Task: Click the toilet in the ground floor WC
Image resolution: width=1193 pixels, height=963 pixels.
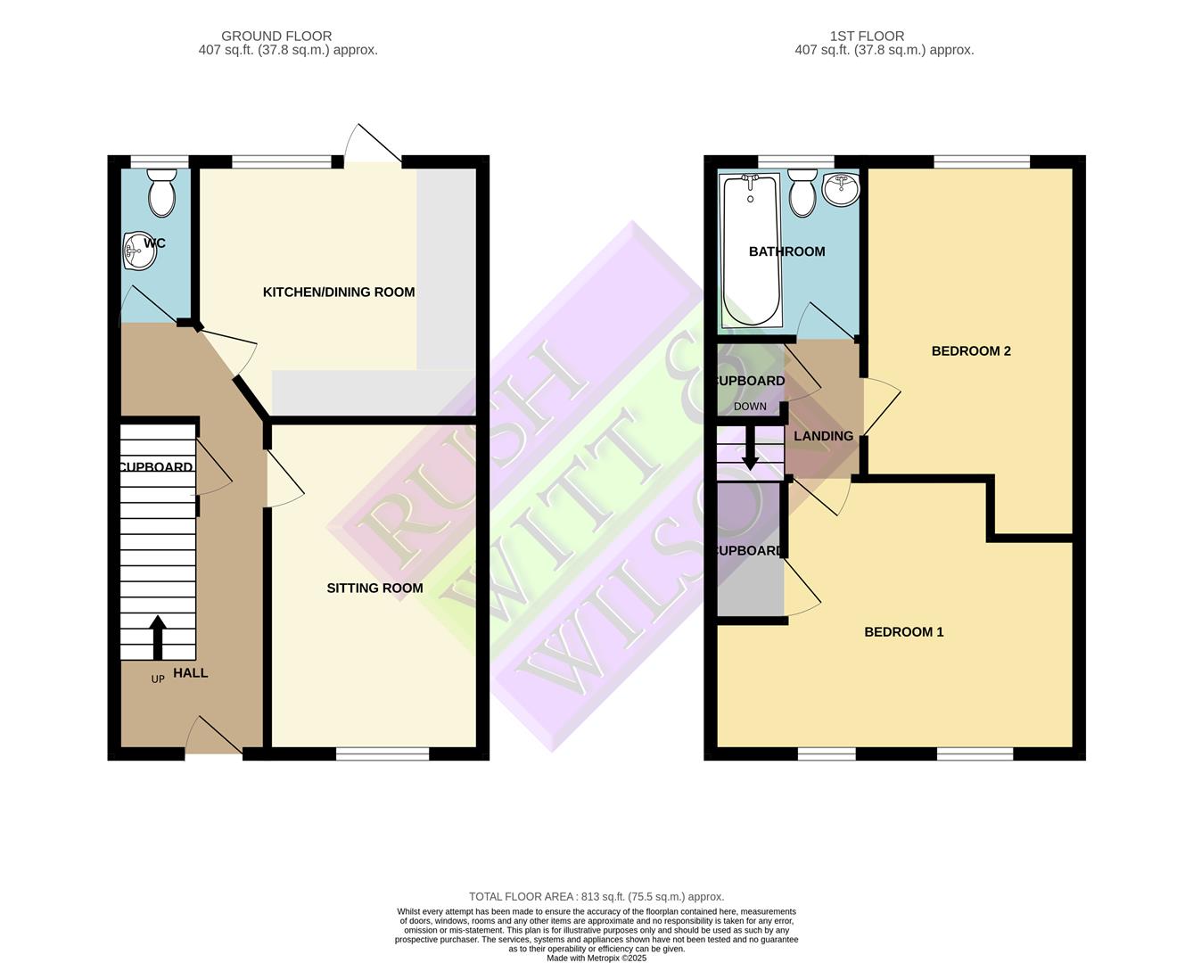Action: (161, 195)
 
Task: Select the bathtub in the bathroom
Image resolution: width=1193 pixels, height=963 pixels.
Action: (751, 250)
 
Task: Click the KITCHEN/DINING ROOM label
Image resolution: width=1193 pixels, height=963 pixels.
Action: (339, 292)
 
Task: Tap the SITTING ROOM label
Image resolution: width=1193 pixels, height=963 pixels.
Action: (374, 588)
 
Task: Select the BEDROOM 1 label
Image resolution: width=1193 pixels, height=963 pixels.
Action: (903, 632)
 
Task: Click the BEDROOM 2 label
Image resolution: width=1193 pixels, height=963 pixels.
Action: (971, 351)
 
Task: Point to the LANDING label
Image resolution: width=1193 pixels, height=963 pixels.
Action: (823, 436)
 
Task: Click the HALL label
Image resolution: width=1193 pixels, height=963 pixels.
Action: (190, 673)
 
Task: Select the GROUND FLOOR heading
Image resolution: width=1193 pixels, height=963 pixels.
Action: (276, 37)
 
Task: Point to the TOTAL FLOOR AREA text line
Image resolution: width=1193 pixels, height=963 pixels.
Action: (596, 897)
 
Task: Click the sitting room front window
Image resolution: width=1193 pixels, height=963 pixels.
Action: (383, 754)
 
